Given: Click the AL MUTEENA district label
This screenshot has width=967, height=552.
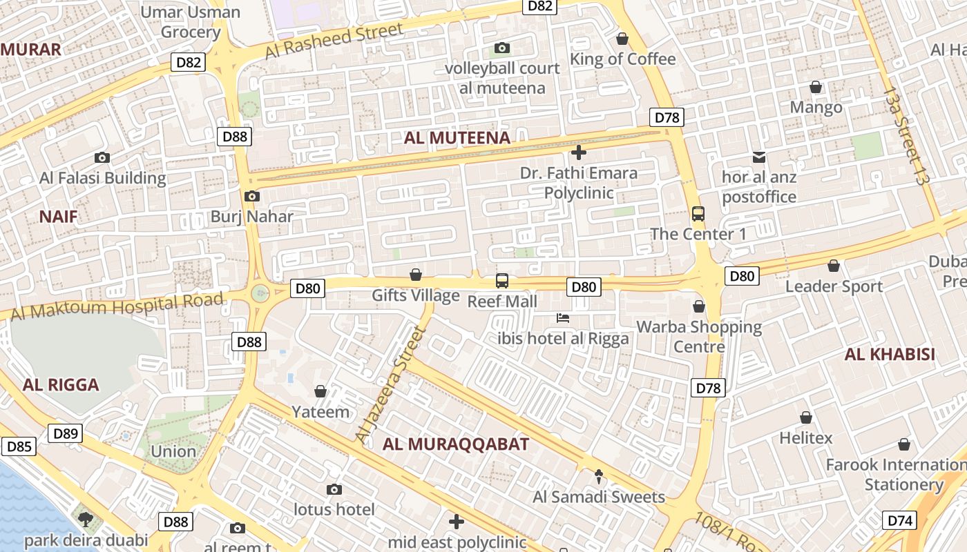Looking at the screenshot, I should [x=457, y=138].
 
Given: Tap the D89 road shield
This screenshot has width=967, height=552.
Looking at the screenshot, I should [x=66, y=433].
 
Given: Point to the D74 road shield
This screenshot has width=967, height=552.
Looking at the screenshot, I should [x=900, y=520].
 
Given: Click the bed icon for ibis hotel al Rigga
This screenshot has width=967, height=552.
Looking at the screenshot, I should [x=563, y=318].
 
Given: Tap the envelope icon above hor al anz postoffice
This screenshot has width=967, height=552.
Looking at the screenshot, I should [x=759, y=157].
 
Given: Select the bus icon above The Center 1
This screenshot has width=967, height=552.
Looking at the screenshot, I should [x=698, y=214].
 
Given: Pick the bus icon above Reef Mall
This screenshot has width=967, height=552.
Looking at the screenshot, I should [x=502, y=281].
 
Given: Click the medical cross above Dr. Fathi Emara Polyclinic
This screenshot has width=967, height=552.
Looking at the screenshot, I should [x=579, y=152].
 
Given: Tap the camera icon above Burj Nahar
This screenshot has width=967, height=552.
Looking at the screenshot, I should [x=252, y=196].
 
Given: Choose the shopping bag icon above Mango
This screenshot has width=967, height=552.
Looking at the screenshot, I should [x=816, y=87].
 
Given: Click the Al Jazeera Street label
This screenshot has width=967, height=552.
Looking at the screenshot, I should [x=389, y=385].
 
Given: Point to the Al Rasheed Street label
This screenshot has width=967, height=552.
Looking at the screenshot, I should [x=334, y=41].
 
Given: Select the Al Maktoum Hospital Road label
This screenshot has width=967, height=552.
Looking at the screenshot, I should [x=117, y=306].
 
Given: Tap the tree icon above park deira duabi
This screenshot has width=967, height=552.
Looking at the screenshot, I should [x=86, y=519].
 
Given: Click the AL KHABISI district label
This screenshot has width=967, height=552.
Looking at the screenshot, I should [x=890, y=355].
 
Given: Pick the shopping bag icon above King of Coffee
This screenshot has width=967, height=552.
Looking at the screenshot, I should [x=622, y=39].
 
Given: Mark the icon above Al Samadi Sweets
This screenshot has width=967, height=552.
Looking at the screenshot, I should [x=599, y=476].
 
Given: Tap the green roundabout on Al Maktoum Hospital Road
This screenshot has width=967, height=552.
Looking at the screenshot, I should [x=260, y=293].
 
